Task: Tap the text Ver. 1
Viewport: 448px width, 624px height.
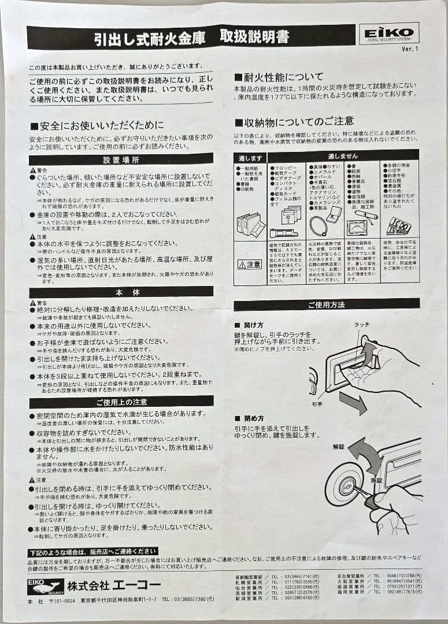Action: tap(409, 49)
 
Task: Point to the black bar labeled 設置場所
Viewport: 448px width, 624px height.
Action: tap(121, 159)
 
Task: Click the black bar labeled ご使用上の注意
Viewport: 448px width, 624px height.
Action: tap(121, 402)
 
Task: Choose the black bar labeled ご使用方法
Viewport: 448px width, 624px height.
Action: tap(326, 304)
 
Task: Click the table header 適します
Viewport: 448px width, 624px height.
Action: tap(250, 157)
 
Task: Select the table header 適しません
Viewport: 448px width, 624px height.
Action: tap(343, 156)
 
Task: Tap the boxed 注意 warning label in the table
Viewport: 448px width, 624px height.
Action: tap(250, 264)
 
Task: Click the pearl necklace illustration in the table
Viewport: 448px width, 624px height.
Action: tap(318, 225)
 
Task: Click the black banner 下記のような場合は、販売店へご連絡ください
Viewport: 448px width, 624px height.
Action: tap(92, 551)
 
